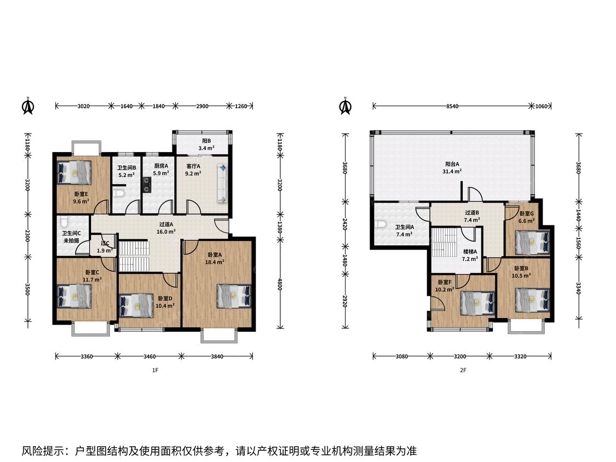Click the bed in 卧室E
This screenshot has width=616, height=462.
(74, 172)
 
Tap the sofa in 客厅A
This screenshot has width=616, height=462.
(222, 184)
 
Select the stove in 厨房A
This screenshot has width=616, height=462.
(147, 185)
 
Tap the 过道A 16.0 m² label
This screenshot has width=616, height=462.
(166, 228)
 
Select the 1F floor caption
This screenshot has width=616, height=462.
(155, 370)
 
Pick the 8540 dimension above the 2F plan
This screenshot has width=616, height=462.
(452, 106)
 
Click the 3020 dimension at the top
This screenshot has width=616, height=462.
(83, 106)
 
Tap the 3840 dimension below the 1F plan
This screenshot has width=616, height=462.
(217, 356)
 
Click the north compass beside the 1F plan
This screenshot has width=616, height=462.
(28, 106)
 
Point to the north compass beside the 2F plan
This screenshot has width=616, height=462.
(346, 106)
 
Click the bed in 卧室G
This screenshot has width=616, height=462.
(532, 241)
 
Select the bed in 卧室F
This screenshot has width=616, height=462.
(477, 303)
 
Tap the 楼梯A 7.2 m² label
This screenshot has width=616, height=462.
(470, 255)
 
